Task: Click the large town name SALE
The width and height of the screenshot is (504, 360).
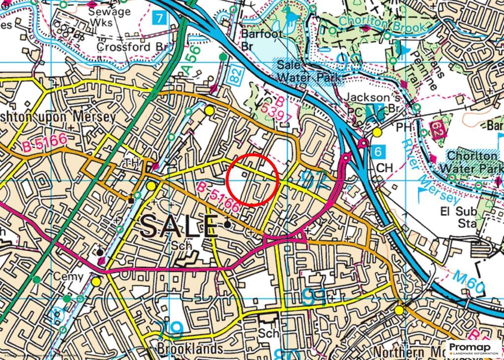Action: pyautogui.click(x=178, y=227)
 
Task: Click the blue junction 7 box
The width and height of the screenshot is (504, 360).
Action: pyautogui.click(x=158, y=19)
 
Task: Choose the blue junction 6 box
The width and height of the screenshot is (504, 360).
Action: pyautogui.click(x=378, y=151)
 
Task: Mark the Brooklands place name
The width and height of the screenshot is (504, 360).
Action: pyautogui.click(x=190, y=349)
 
